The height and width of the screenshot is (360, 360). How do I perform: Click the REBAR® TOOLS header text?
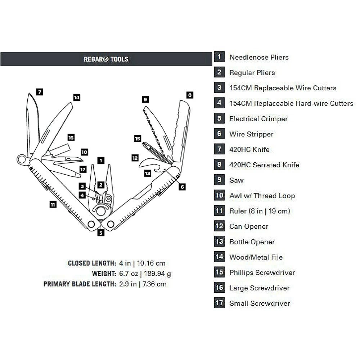106,59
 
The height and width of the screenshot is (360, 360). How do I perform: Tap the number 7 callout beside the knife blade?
40,92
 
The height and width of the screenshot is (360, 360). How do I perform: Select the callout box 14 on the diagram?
76,97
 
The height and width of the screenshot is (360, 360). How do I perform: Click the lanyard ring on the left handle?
22,159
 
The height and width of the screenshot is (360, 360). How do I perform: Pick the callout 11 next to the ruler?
53,204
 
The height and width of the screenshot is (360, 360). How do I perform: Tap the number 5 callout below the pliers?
101,233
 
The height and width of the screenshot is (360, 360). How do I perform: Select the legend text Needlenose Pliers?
259,57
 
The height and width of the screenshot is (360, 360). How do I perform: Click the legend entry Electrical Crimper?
258,119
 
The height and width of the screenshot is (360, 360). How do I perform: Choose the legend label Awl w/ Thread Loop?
262,196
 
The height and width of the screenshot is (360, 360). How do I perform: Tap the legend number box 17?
219,303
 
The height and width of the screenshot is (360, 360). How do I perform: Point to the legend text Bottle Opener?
252,242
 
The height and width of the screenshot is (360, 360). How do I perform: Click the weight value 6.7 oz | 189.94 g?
145,274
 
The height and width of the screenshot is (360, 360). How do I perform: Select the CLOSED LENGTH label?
92,264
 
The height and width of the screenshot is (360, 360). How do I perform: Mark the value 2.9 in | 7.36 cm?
143,284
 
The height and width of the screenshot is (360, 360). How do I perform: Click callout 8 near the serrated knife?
190,95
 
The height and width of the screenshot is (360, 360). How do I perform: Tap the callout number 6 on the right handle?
182,186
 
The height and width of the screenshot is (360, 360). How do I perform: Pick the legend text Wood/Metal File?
256,257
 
